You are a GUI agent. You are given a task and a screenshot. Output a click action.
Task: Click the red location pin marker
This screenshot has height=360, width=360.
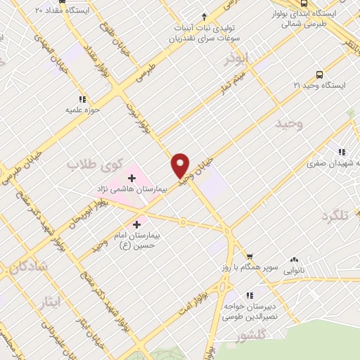[181, 165]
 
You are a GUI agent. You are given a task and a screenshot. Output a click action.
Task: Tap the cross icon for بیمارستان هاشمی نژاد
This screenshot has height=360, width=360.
[131, 179]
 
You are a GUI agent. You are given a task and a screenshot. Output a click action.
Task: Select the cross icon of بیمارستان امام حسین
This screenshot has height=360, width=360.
[136, 224]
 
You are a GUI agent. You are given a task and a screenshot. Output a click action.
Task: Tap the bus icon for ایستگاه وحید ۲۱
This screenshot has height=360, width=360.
[320, 74]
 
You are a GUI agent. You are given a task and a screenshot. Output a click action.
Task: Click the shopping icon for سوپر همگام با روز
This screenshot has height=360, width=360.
[247, 257]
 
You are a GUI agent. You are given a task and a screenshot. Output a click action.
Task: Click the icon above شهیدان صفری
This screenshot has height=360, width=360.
[342, 151]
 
